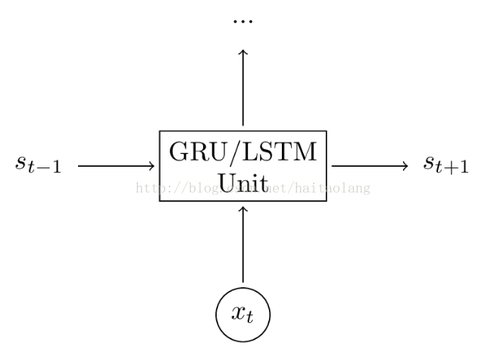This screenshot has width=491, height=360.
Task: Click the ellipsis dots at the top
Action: point(242,20)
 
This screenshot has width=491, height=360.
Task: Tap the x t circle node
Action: point(242,312)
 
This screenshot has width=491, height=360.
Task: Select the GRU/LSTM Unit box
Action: point(242,165)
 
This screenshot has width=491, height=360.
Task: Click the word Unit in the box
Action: point(242,182)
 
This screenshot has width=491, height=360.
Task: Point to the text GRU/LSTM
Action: point(242,152)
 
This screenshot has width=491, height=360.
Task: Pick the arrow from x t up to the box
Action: point(242,243)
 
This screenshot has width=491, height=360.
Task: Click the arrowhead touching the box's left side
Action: point(155,165)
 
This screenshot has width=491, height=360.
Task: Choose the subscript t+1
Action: point(455,168)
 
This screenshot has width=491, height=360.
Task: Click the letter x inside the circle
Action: point(238,311)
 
